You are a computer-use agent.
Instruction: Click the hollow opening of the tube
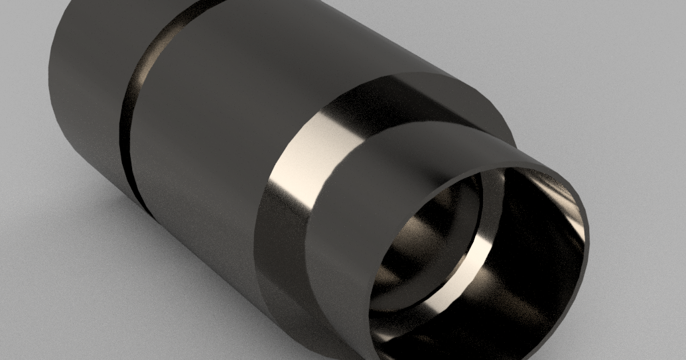click(x=478, y=265)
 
